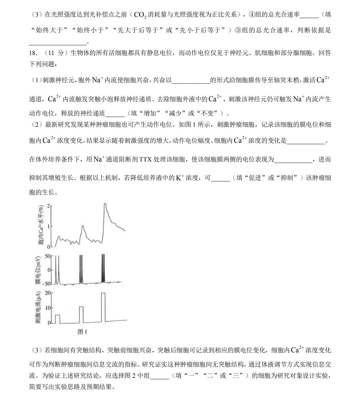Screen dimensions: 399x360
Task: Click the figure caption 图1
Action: [82, 332]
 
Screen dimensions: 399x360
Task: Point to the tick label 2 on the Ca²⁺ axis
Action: [48, 206]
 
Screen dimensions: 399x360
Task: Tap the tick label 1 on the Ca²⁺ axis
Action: [48, 226]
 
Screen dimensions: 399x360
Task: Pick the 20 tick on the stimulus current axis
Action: [48, 293]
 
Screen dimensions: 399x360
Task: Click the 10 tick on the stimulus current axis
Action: [48, 308]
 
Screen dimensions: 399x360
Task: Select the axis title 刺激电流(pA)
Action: [38, 308]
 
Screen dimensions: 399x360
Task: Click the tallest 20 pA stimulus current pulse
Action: [103, 307]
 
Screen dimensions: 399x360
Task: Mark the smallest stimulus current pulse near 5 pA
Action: [58, 319]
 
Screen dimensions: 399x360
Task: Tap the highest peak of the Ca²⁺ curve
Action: [105, 204]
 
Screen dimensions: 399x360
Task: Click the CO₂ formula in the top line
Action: [140, 15]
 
